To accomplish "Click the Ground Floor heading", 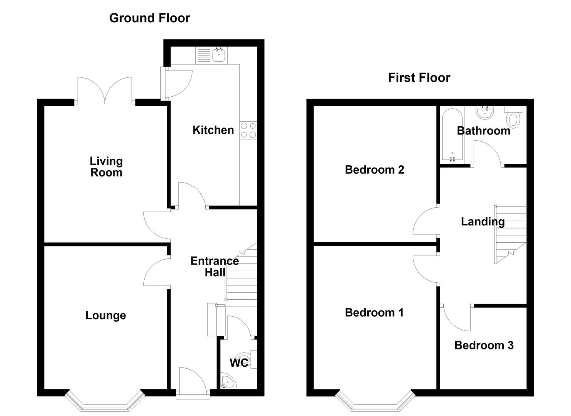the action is (150, 18).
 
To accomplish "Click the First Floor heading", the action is (419, 78).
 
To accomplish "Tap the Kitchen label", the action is (213, 130).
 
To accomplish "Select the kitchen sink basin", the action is (219, 55).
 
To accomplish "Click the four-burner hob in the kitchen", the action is (248, 130).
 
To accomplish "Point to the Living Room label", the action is (106, 167).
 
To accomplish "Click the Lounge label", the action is (105, 315).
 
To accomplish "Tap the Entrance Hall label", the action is (215, 266).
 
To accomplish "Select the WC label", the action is (239, 362).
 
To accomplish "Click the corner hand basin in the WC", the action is (226, 381).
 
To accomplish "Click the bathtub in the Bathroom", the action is (452, 134).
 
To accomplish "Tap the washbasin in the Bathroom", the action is (484, 112).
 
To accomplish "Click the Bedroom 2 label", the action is (374, 170).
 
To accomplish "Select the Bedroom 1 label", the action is (374, 312).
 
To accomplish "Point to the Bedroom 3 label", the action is (484, 345).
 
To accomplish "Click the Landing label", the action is (483, 221).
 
